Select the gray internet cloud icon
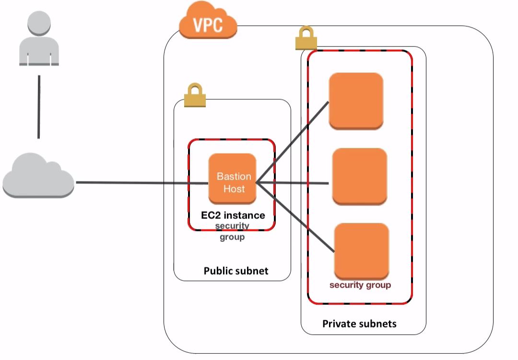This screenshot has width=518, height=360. tap(38, 176)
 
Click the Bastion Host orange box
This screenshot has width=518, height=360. tap(233, 179)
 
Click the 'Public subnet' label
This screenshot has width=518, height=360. tap(236, 271)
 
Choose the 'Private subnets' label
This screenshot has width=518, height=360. tap(359, 324)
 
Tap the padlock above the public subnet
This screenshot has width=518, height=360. tap(195, 95)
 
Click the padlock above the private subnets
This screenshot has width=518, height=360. tap(306, 39)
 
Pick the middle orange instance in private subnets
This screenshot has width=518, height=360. tap(360, 176)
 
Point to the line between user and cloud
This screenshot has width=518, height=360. tap(39, 106)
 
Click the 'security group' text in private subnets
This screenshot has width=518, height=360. tap(360, 285)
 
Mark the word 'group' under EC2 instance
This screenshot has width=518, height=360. tap(232, 237)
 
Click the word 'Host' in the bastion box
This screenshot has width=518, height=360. tap(234, 189)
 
